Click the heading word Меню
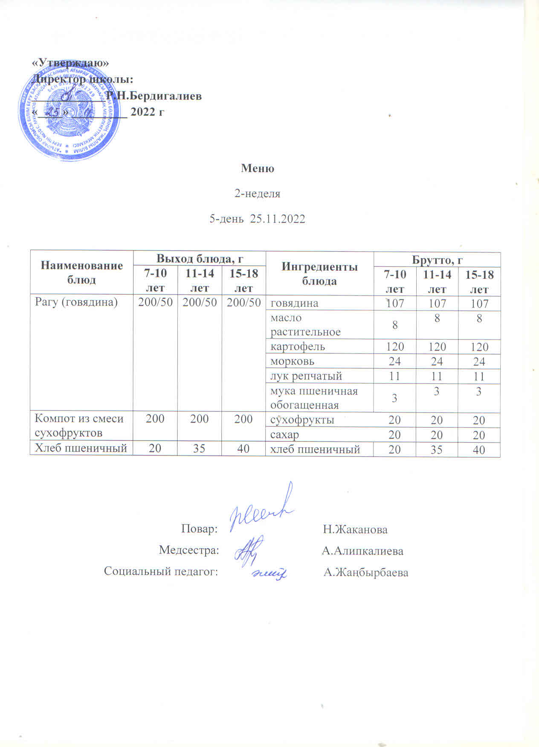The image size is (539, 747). pos(258,168)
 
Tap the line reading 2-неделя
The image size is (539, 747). pos(258,194)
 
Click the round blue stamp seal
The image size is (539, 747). pos(68,116)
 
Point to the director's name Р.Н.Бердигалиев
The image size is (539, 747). pos(154,96)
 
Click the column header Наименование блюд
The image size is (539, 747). pos(81,272)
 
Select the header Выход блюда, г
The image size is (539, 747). pos(200,258)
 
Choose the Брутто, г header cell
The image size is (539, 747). pos(437,260)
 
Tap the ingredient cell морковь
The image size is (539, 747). pos(293,361)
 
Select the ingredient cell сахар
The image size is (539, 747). pos(284,435)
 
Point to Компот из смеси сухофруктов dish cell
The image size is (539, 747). pos(79,426)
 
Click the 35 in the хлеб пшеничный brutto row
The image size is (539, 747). pos(437,450)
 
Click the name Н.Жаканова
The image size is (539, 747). pos(355,530)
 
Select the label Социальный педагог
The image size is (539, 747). pos(161,571)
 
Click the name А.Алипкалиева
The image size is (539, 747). pos(362,551)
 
